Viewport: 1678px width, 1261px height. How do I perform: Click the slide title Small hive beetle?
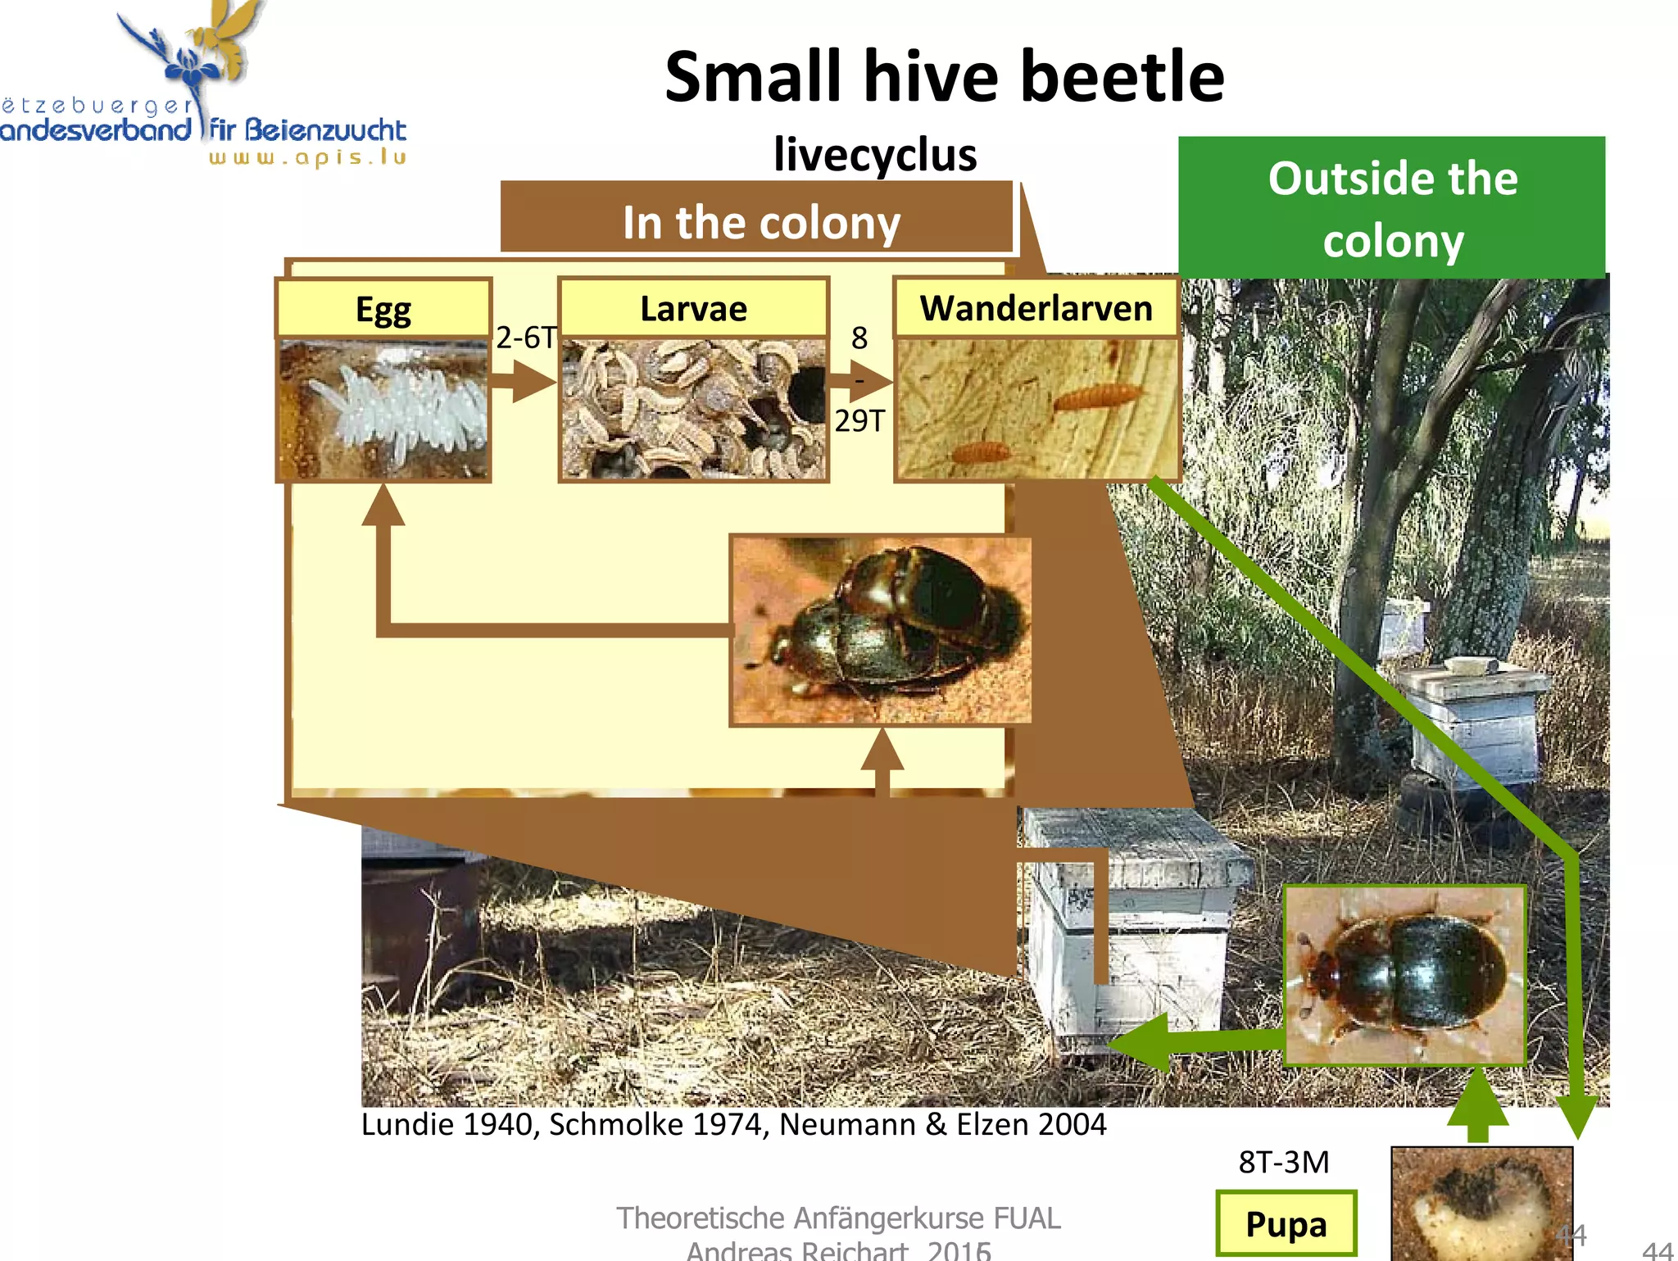pos(944,77)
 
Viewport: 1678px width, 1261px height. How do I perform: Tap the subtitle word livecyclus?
pos(875,154)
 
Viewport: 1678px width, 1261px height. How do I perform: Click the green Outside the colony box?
pos(1391,208)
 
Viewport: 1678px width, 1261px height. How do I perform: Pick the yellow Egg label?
pos(383,309)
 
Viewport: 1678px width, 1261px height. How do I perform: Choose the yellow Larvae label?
pos(693,309)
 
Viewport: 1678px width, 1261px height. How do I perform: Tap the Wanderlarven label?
pos(1036,309)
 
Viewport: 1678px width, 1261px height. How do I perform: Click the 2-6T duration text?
pos(525,338)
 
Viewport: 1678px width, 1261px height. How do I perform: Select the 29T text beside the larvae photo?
pos(859,421)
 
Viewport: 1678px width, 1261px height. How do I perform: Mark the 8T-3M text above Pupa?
pos(1283,1162)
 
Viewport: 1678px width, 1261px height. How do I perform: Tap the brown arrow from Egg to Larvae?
pos(524,382)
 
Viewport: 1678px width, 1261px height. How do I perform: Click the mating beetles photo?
pos(881,630)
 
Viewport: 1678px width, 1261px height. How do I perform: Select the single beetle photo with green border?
pos(1404,975)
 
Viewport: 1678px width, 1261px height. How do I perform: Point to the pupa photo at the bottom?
pos(1481,1204)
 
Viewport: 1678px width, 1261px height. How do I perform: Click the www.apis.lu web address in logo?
pos(307,156)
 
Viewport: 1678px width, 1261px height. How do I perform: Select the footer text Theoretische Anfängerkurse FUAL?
pos(837,1218)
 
